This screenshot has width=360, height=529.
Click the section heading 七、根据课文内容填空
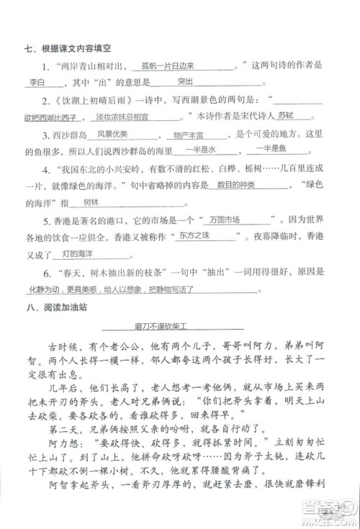click(x=64, y=49)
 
